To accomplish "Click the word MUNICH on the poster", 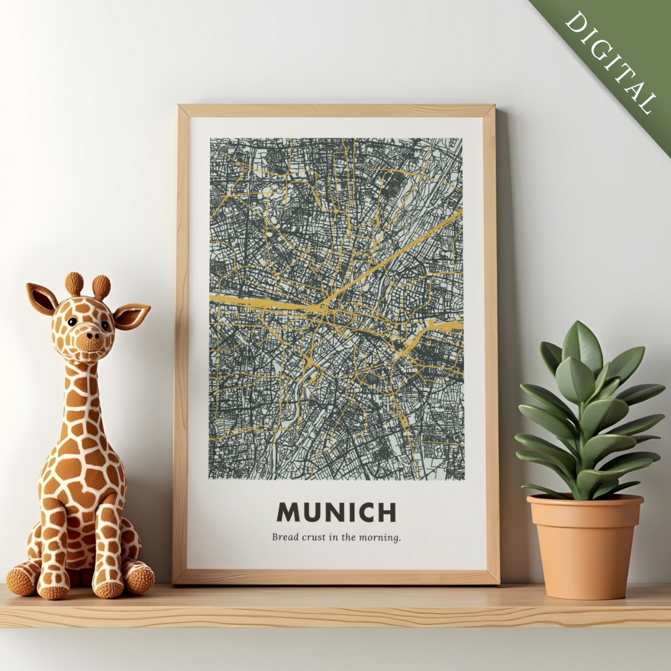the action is coord(336,513).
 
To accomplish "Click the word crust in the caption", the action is coord(314,537).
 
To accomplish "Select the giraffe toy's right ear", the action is coord(132,316).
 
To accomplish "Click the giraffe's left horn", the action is coord(75,283).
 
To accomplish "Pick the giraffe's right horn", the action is coord(101,287).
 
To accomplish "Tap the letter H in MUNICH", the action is coord(386,513).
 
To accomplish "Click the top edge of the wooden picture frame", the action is coord(336,111).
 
